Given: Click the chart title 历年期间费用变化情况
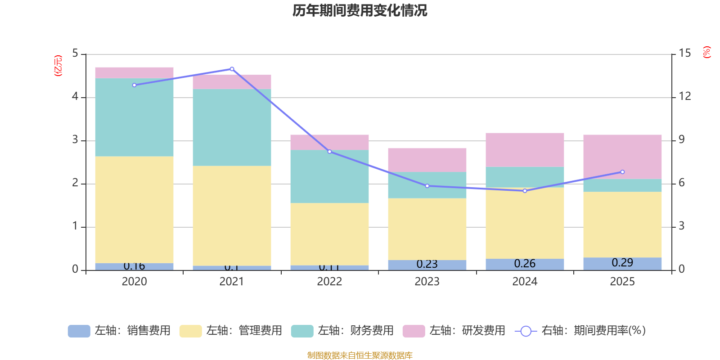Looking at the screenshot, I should click(360, 10).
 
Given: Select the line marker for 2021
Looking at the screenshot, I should click(232, 69).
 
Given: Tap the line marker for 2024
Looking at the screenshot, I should click(525, 191).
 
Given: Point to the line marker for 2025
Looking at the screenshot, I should click(622, 172).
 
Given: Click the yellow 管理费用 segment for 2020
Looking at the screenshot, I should click(134, 210).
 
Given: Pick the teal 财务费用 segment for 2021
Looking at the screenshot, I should click(232, 127).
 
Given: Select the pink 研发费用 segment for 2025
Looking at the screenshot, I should click(622, 157).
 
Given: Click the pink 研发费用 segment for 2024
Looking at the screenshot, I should click(525, 150).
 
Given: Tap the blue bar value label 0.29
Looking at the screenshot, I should click(622, 263).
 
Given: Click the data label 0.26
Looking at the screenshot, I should click(525, 264).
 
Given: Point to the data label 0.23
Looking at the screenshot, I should click(427, 264).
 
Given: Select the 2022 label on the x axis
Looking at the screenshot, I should click(329, 282).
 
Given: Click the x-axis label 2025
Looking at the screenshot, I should click(622, 282).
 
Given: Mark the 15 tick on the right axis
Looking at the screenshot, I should click(684, 53).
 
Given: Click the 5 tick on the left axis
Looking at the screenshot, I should click(75, 53).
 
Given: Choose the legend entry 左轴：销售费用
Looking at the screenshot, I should click(119, 331).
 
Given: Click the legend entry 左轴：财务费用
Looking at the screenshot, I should click(342, 331).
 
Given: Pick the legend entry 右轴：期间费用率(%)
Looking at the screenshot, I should click(580, 331).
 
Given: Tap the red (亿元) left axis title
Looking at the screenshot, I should click(58, 66).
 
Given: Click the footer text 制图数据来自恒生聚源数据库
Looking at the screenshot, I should click(360, 355).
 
